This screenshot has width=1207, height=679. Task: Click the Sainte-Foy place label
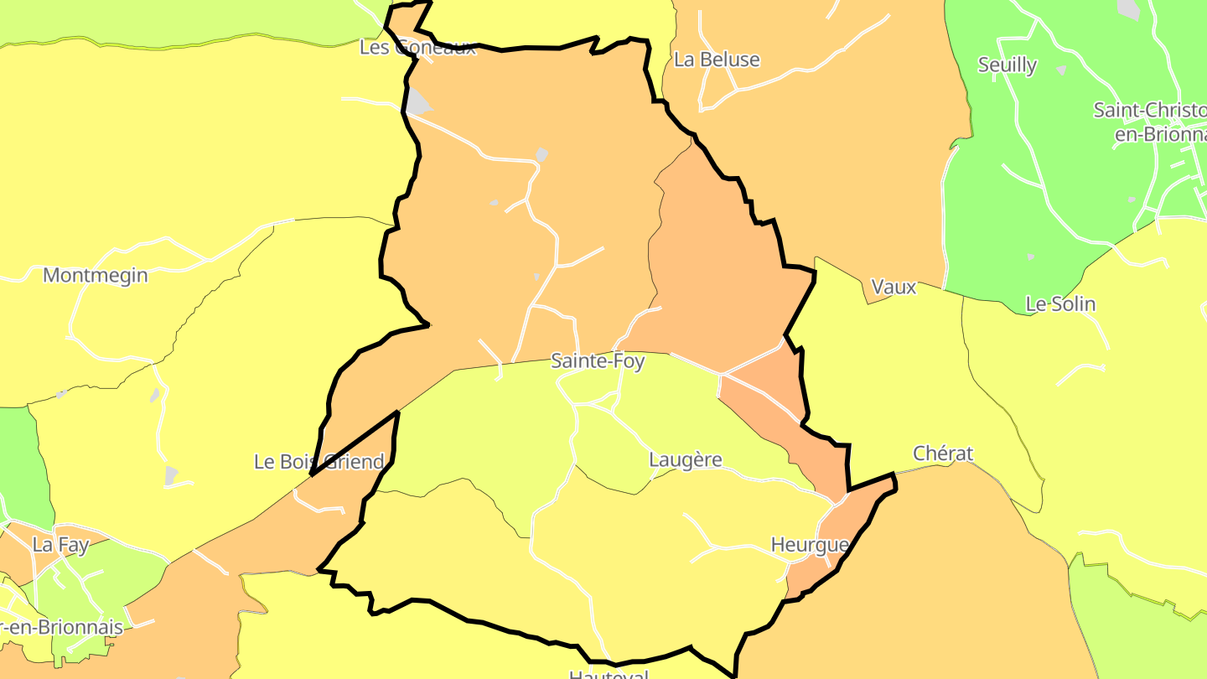(x=598, y=361)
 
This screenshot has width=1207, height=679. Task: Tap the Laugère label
(x=685, y=459)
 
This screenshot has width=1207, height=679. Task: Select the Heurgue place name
(x=810, y=545)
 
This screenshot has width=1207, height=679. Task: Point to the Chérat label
(x=943, y=454)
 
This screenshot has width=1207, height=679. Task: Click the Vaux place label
(x=894, y=287)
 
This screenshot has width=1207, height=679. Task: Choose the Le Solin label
(x=1060, y=303)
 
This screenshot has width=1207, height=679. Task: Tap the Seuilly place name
(x=1008, y=65)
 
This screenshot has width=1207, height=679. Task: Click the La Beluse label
(x=717, y=60)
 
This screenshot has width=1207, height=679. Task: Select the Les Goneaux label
(x=417, y=47)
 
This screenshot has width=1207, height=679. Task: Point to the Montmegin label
(x=95, y=275)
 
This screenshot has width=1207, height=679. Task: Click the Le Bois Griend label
(x=319, y=461)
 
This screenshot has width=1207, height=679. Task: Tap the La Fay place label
(x=60, y=545)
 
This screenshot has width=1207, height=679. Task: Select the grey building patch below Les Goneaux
(x=418, y=102)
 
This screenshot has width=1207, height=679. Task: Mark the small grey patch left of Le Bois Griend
(x=171, y=475)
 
